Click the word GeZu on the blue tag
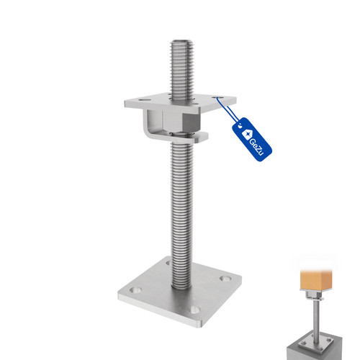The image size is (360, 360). pos(256,148)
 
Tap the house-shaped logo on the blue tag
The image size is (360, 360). pos(247,134)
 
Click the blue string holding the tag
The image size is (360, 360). pos(228,109)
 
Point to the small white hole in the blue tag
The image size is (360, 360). pos(240,125)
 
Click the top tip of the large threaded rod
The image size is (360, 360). pos(182,40)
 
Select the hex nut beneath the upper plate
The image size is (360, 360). pos(181,122)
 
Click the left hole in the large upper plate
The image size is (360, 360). pos(144,99)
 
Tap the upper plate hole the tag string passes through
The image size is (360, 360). pos(217,97)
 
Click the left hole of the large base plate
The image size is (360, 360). pos(135,290)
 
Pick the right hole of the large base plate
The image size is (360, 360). pos(225,279)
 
